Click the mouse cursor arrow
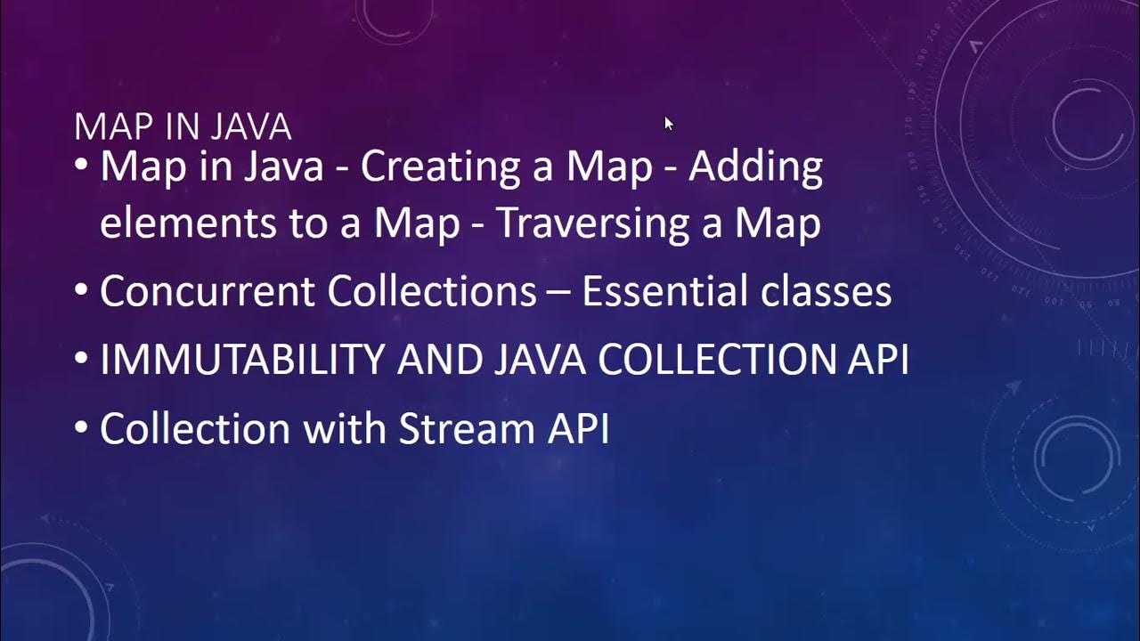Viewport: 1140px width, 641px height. tap(669, 124)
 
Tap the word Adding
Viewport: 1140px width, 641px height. tap(755, 167)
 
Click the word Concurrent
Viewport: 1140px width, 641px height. tap(207, 291)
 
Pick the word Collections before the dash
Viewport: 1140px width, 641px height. tap(432, 291)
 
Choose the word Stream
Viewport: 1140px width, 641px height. tap(464, 428)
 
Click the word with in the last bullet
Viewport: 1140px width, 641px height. tap(344, 428)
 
